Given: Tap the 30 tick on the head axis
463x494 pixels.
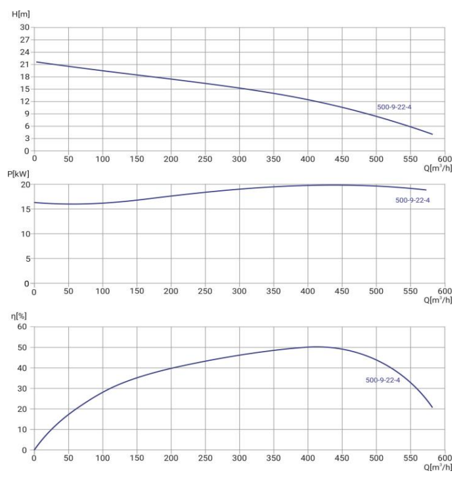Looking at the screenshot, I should (x=26, y=28).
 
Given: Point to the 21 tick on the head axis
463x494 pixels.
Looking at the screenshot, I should (x=26, y=64).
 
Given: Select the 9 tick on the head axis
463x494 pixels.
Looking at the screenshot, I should (x=27, y=113).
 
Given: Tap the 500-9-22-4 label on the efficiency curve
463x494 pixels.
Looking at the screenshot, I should (x=382, y=380).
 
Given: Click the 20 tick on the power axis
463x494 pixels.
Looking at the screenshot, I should (x=25, y=185).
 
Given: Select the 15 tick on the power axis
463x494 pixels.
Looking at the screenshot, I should (x=25, y=209).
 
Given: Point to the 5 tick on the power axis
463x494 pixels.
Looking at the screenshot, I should (x=27, y=258).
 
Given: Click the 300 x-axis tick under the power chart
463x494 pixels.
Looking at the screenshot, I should (x=240, y=293).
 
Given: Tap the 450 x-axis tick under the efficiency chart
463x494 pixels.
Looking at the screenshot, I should (x=342, y=459).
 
